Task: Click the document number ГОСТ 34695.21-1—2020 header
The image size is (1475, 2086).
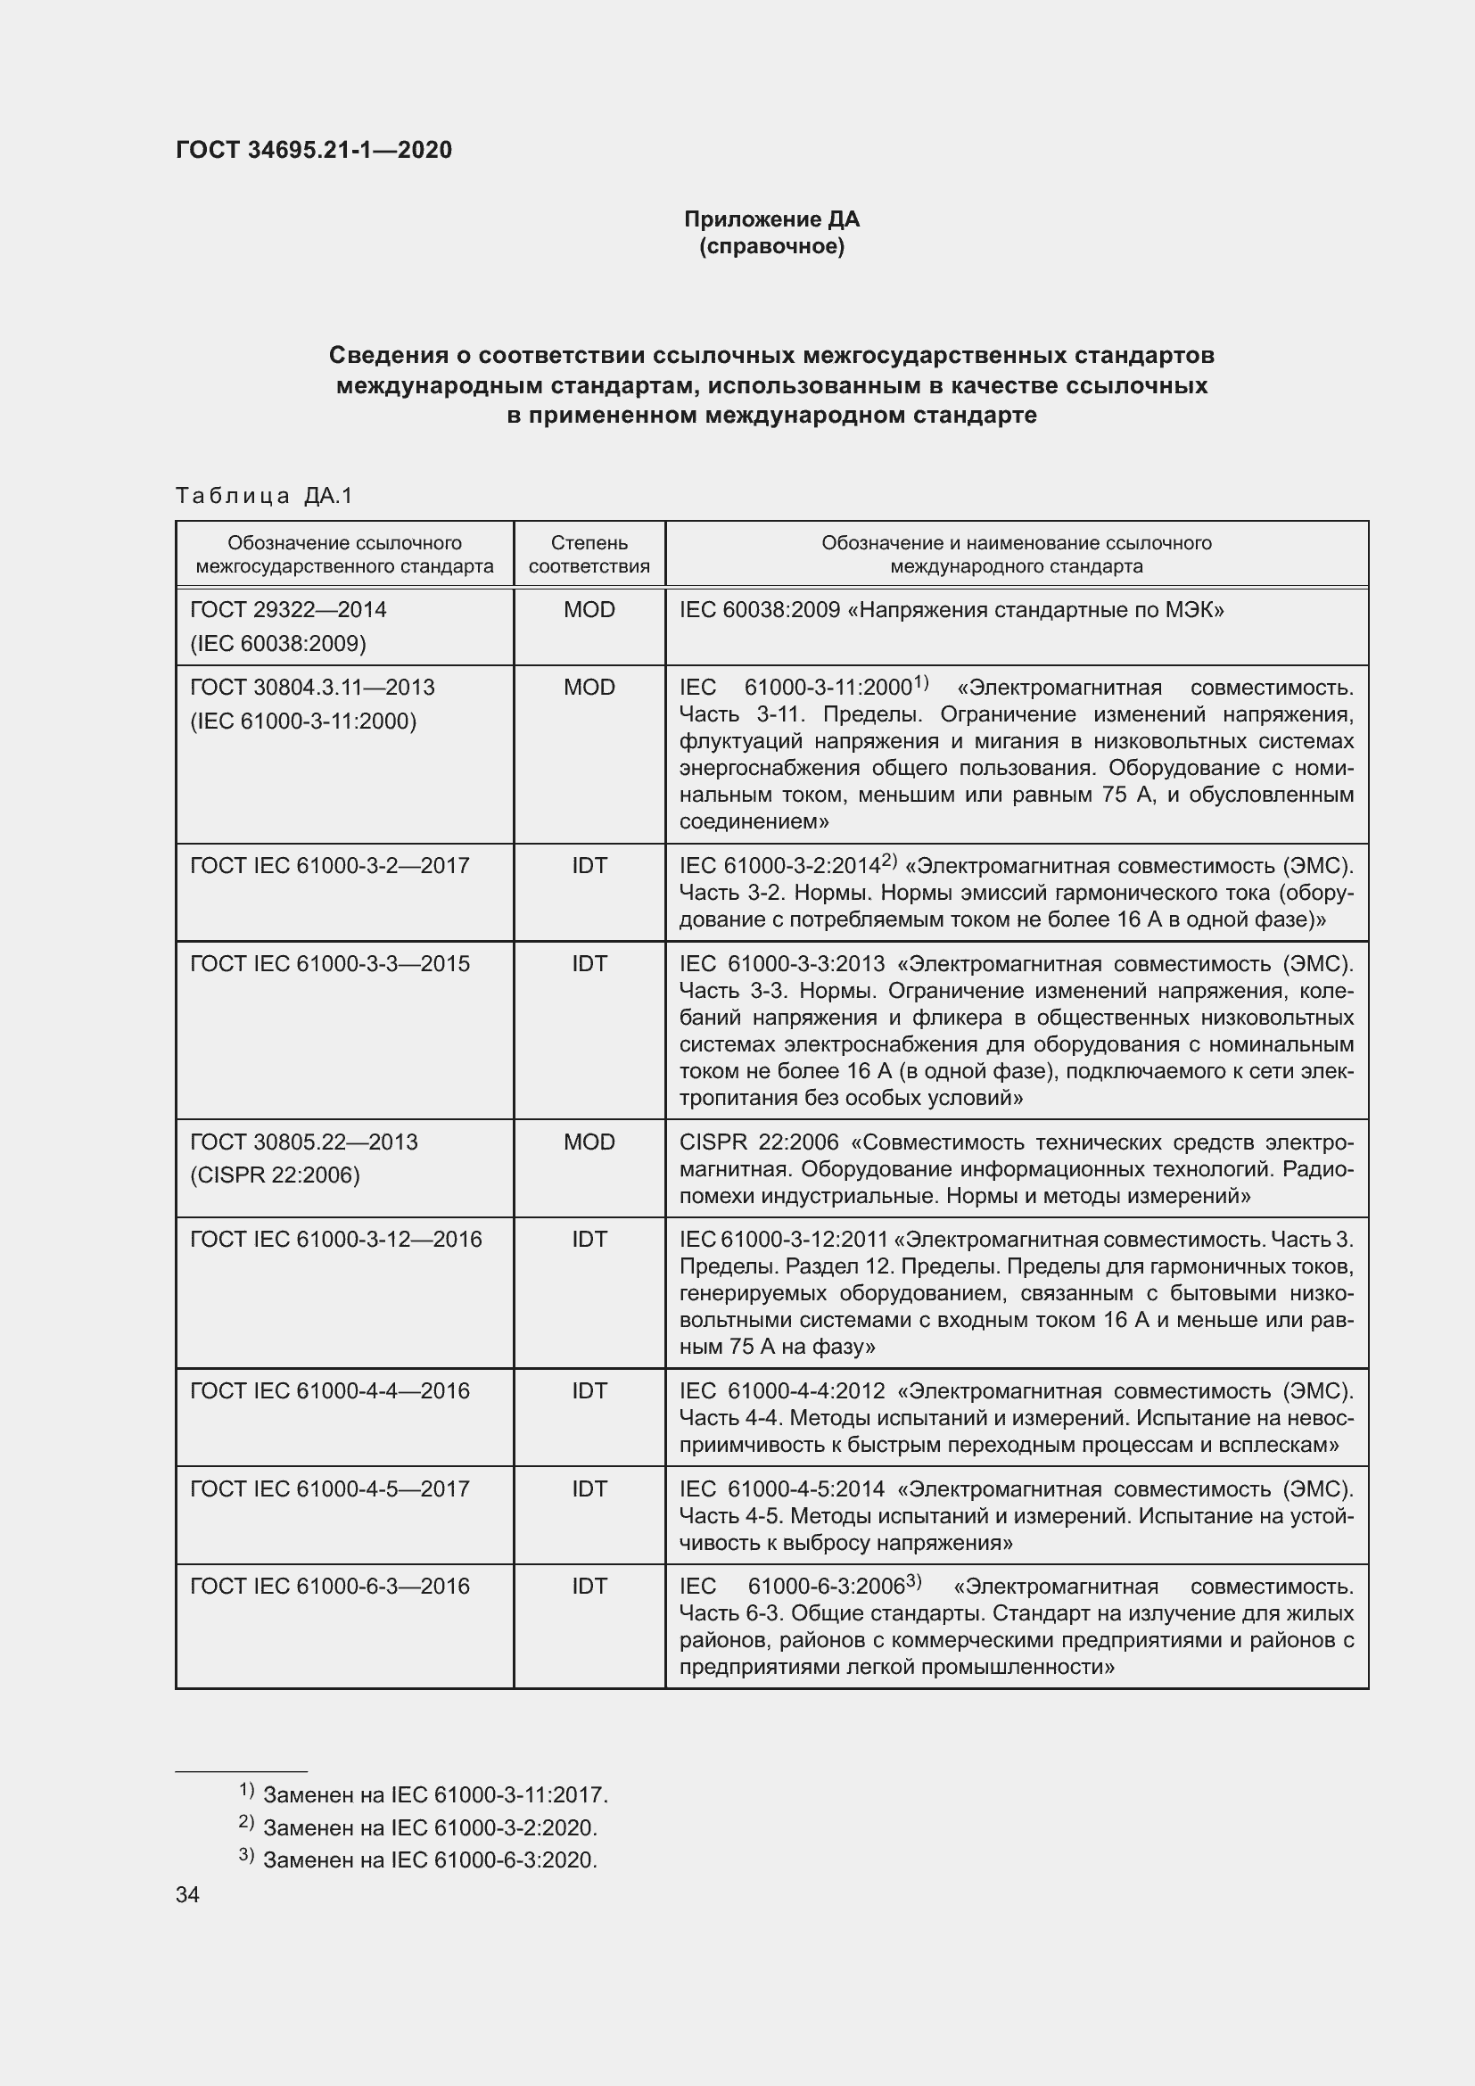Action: tap(313, 150)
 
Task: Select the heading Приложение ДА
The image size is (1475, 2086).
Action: tap(771, 219)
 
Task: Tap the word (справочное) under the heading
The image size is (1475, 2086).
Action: tap(771, 246)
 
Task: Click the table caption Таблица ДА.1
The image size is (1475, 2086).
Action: tap(263, 495)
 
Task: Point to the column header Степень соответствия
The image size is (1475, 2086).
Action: tap(589, 554)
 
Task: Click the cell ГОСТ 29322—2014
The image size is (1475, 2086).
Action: tap(288, 610)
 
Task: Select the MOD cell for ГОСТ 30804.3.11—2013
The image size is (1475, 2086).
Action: tap(589, 687)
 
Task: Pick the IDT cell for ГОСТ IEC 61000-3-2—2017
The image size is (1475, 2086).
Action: tap(589, 865)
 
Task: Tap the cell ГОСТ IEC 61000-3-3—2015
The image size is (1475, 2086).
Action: tap(330, 963)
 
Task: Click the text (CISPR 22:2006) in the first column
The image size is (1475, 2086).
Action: tap(275, 1175)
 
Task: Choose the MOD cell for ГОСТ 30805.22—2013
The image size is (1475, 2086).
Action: tap(589, 1142)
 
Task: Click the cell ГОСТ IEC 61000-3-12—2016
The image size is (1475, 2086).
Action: tap(336, 1240)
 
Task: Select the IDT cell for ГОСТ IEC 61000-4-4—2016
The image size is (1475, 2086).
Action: tap(589, 1390)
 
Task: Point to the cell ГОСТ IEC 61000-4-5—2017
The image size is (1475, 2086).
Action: tap(330, 1488)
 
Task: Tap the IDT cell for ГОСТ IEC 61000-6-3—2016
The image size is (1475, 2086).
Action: tap(589, 1586)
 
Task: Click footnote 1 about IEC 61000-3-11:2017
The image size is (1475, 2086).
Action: tap(424, 1794)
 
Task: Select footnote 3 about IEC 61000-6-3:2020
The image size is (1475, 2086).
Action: tap(417, 1859)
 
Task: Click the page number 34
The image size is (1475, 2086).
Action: tap(188, 1894)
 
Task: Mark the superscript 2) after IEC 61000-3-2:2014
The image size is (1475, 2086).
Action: tap(889, 860)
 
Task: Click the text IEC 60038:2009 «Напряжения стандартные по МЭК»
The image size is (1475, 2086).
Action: tap(951, 610)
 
